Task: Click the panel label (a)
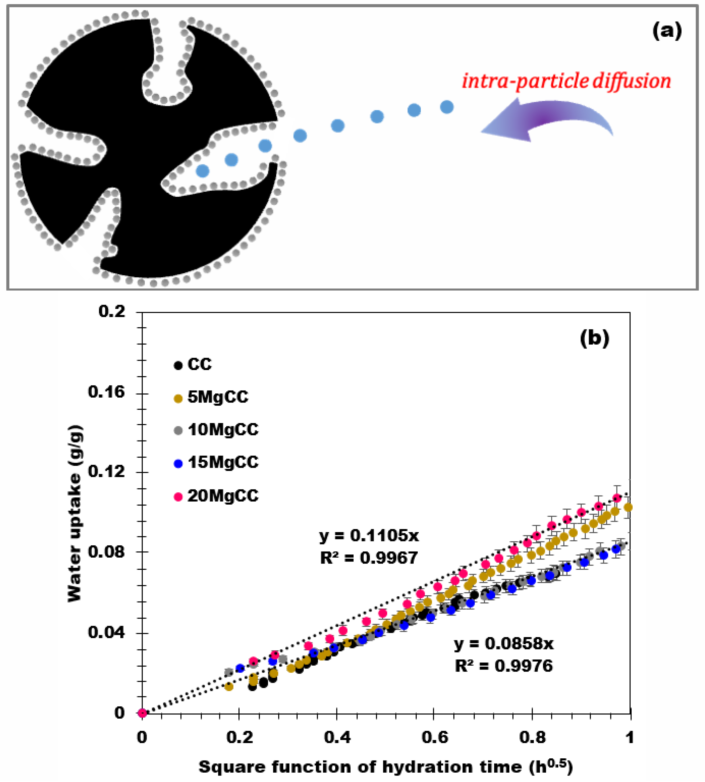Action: [x=666, y=31]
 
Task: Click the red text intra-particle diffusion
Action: [x=566, y=81]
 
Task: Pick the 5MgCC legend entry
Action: [x=211, y=397]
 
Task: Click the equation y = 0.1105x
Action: [x=369, y=536]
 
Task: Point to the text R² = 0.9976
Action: [x=504, y=666]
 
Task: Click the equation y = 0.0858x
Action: [x=504, y=644]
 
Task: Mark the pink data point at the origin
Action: [x=142, y=713]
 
